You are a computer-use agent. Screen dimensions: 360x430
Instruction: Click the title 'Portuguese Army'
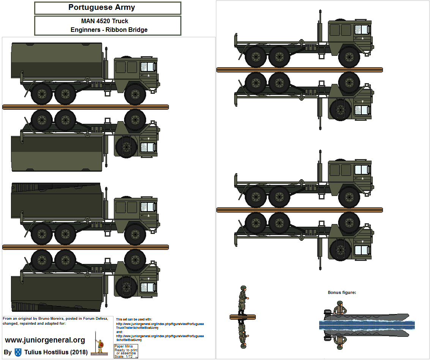point(101,7)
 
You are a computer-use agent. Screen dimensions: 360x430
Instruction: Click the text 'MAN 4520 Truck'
point(105,21)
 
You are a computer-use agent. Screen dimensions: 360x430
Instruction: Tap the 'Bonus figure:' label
point(342,292)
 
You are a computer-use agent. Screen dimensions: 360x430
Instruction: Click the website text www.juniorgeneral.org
point(45,340)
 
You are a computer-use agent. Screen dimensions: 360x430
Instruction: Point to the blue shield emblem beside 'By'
point(18,352)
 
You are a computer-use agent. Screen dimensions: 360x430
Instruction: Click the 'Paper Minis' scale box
point(126,351)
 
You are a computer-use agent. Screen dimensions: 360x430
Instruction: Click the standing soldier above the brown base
point(243,300)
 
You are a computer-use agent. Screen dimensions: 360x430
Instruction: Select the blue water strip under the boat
point(367,325)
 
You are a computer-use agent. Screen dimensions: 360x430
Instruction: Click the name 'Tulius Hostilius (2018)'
point(56,352)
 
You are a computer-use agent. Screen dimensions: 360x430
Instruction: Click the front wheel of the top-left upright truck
point(135,94)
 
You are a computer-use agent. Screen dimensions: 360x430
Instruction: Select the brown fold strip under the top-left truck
point(85,107)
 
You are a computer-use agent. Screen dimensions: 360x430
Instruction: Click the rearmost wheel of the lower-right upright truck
point(255,197)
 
